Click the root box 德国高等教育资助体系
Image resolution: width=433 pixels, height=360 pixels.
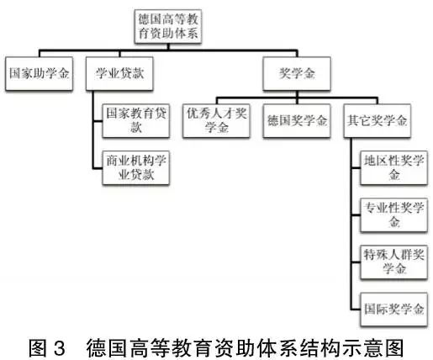[168, 26]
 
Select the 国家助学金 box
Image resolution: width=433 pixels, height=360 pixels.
[40, 73]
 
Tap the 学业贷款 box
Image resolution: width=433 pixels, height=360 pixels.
[119, 73]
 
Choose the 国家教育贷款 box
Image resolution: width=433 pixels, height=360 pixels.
[136, 120]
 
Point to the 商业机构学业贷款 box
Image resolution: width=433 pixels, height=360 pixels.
[136, 167]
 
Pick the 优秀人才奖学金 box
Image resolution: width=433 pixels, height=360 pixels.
[216, 120]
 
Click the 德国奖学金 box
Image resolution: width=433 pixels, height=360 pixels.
[297, 120]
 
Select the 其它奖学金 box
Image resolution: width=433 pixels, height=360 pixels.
[378, 120]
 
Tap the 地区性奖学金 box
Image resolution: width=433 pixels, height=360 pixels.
[393, 167]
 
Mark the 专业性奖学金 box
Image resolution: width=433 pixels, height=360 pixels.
[393, 215]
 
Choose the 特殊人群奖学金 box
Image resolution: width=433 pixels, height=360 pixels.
[393, 262]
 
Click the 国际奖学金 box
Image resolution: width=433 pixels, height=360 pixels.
[393, 310]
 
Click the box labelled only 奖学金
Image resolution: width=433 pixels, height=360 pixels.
[297, 73]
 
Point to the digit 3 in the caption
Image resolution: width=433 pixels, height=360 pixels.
[59, 348]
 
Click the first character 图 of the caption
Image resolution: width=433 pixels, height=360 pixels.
[38, 348]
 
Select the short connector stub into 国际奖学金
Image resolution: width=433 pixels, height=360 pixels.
[356, 310]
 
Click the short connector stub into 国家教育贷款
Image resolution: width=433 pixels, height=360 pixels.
[98, 121]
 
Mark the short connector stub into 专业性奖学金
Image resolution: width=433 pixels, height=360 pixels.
[356, 215]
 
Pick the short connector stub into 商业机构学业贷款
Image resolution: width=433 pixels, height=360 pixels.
[98, 168]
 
